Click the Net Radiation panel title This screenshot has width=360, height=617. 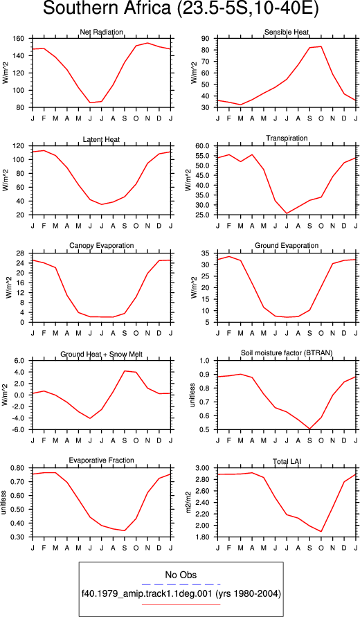[x=102, y=32]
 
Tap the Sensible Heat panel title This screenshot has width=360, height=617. [x=287, y=32]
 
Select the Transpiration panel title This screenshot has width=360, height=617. [x=287, y=138]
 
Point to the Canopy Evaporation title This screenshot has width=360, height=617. [x=102, y=246]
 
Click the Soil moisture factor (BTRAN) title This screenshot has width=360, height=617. [x=287, y=353]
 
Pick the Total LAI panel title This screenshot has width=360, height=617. [x=287, y=460]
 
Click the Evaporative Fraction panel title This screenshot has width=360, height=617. [x=102, y=460]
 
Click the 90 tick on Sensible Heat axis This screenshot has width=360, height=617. [x=209, y=39]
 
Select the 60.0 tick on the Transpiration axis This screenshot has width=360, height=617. [x=206, y=146]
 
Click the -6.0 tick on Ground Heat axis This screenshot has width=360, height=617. [x=19, y=430]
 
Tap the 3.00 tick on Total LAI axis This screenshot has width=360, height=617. [x=206, y=468]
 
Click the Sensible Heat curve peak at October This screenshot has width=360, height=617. [x=321, y=46]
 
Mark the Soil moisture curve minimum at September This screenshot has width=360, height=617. [x=309, y=429]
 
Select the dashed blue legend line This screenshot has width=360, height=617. [x=181, y=584]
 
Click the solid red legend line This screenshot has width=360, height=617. [x=181, y=604]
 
